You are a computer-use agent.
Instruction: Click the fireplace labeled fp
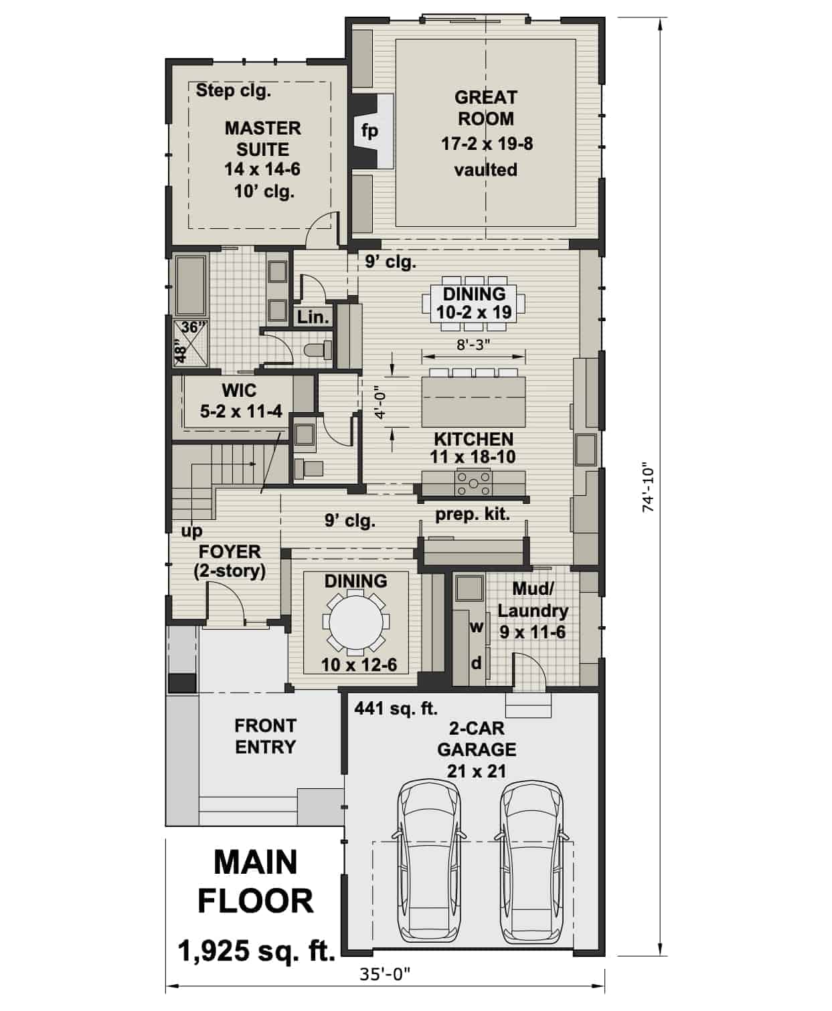(x=370, y=130)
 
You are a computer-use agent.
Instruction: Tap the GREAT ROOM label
(x=485, y=108)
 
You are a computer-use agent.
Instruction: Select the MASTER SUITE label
(x=262, y=139)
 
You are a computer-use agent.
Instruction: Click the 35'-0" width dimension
(x=385, y=974)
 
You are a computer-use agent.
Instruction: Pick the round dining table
(x=355, y=622)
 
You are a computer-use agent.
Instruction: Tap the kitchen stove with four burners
(x=473, y=482)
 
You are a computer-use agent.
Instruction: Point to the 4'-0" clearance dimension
(x=381, y=401)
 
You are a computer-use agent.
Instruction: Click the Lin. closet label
(x=313, y=317)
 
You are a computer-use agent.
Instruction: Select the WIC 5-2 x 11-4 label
(x=239, y=401)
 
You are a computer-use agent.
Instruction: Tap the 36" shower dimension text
(x=194, y=327)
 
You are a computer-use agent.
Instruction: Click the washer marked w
(x=477, y=627)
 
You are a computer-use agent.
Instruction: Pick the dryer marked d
(x=477, y=663)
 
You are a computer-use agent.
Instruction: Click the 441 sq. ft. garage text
(x=396, y=708)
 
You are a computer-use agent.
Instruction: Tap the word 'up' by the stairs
(x=191, y=531)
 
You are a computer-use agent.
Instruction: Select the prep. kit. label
(x=473, y=515)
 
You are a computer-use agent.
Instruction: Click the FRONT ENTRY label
(x=265, y=736)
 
